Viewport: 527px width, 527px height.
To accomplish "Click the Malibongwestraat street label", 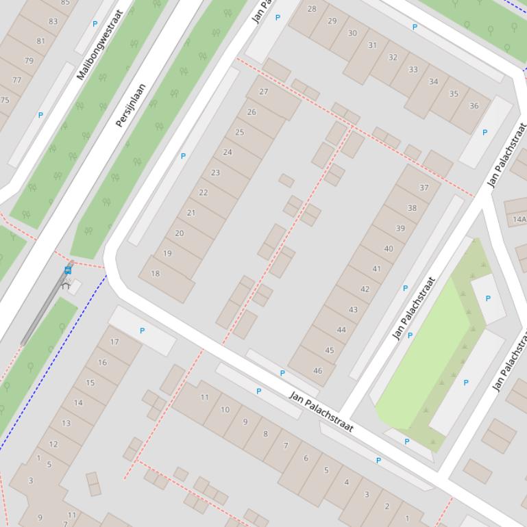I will point(99,45).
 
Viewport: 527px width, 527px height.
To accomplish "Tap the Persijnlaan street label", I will point(131,105).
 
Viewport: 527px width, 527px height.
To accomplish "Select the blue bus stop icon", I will point(68,270).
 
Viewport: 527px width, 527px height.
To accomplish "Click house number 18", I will point(155,274).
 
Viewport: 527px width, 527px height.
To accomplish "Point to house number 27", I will point(264,91).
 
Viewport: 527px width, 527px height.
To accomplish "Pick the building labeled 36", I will point(474,106).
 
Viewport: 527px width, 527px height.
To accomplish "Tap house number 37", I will point(424,188).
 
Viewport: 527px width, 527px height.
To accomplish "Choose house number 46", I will point(317,371).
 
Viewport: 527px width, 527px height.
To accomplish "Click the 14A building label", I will point(519,220).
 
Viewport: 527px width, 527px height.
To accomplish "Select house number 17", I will point(114,342).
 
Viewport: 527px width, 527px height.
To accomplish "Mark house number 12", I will point(53,444).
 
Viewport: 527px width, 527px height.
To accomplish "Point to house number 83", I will point(53,21).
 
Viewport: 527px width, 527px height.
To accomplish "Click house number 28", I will point(312,9).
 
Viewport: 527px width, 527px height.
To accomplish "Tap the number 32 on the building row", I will point(393,57).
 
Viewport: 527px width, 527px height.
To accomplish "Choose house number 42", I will point(365,289).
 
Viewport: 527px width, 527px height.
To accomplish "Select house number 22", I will point(203,192).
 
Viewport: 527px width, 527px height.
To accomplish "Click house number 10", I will point(225,409).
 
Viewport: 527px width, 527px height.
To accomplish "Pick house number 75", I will point(5,100).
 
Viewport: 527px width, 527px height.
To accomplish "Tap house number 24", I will point(228,152).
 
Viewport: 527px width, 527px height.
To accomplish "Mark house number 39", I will point(400,229).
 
